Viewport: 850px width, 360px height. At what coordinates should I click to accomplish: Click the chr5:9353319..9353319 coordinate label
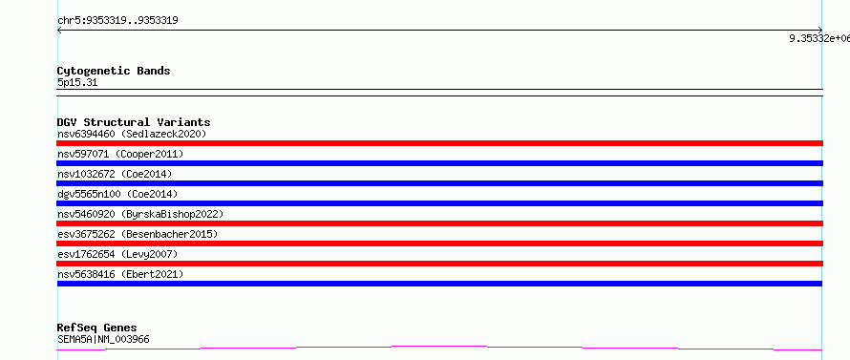pyautogui.click(x=117, y=21)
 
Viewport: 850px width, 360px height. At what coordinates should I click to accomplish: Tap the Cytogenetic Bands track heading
pyautogui.click(x=114, y=71)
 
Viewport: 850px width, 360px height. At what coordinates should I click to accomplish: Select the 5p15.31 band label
pyautogui.click(x=77, y=83)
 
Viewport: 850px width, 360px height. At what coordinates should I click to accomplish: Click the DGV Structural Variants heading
pyautogui.click(x=134, y=122)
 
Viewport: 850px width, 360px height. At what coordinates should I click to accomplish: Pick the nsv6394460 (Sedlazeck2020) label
pyautogui.click(x=132, y=134)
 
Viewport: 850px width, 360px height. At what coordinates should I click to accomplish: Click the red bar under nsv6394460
pyautogui.click(x=439, y=143)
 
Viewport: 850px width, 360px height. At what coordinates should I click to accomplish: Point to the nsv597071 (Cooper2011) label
pyautogui.click(x=120, y=154)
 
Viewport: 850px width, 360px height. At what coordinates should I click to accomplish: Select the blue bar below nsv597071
pyautogui.click(x=439, y=163)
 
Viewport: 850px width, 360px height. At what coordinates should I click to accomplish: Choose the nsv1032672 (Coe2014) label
pyautogui.click(x=115, y=174)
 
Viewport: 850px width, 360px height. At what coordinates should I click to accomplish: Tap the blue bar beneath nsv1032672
pyautogui.click(x=439, y=183)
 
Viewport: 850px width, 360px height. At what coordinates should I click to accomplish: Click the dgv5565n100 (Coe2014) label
pyautogui.click(x=117, y=194)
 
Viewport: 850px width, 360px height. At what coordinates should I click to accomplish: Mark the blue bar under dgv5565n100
pyautogui.click(x=439, y=203)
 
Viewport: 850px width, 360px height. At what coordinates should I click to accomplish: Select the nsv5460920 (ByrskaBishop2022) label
pyautogui.click(x=140, y=214)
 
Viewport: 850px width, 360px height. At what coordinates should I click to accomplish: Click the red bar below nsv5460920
pyautogui.click(x=439, y=223)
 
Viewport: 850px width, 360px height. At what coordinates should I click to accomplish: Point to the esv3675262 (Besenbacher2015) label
pyautogui.click(x=138, y=234)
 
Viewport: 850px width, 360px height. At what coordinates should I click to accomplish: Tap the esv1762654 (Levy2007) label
pyautogui.click(x=117, y=254)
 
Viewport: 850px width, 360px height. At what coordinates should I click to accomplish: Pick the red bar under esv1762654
pyautogui.click(x=439, y=264)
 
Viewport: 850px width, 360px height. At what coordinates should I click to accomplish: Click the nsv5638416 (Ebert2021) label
pyautogui.click(x=120, y=274)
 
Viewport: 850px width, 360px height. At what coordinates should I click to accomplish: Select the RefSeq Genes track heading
pyautogui.click(x=97, y=328)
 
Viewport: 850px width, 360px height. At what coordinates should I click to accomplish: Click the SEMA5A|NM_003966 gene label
pyautogui.click(x=103, y=340)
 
